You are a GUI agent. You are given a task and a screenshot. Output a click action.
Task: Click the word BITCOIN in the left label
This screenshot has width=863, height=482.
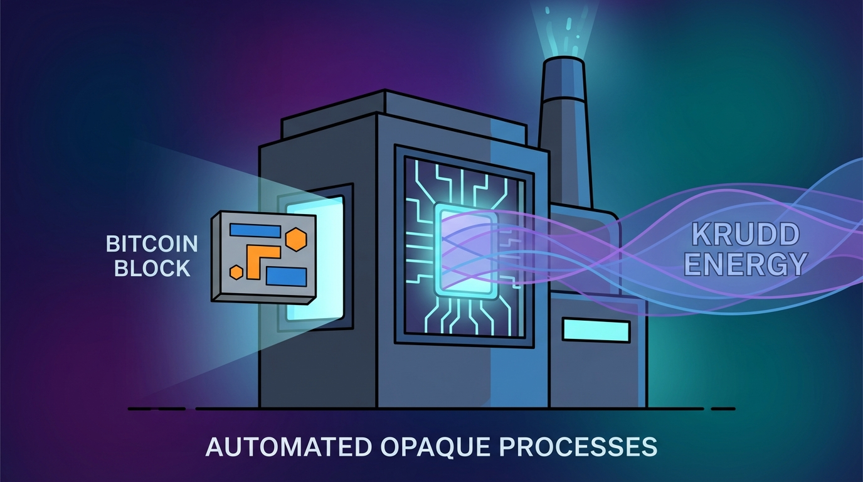pos(152,244)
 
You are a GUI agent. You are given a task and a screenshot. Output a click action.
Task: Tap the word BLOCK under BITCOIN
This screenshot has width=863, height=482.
pos(152,268)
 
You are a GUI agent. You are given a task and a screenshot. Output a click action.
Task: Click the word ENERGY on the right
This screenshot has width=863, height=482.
pos(745,264)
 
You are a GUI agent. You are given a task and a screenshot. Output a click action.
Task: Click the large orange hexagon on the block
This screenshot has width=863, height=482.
pos(296,240)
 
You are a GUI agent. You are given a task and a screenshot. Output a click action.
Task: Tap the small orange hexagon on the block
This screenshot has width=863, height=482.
pos(236,272)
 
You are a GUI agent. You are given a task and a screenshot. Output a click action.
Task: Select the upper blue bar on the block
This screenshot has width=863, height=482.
pos(255,230)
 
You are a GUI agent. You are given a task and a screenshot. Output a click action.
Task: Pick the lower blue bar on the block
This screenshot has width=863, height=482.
pos(286,277)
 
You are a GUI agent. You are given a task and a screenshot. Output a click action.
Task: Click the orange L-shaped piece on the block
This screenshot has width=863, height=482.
pos(260,260)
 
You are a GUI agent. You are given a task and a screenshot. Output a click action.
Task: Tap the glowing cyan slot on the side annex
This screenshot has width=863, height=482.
pos(596,330)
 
